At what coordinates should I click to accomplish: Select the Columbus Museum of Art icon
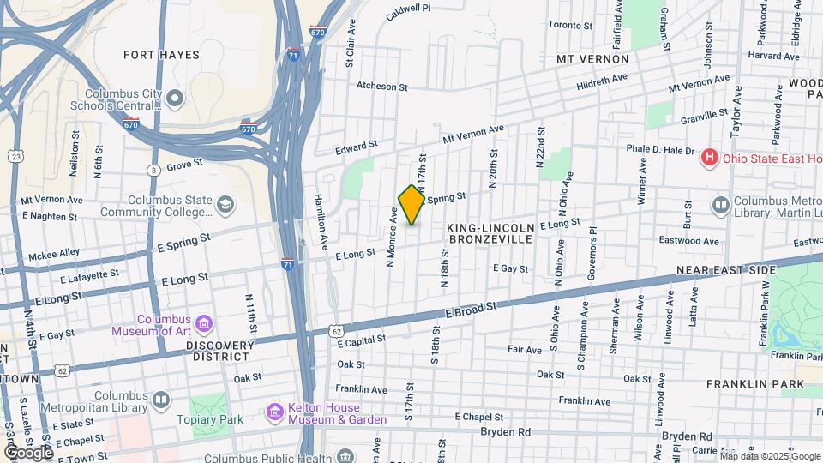pos(204,323)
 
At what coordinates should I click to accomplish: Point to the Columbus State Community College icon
pos(225,205)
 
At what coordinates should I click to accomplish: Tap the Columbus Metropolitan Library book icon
pos(161,400)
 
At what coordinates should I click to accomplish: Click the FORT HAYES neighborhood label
pos(161,55)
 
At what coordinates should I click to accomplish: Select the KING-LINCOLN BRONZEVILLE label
pos(490,233)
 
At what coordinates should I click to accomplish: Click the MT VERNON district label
pos(592,59)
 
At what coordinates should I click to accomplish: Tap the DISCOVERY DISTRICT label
pos(219,352)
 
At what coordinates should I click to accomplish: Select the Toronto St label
pos(570,25)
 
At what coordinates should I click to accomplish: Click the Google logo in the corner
pos(27,452)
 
